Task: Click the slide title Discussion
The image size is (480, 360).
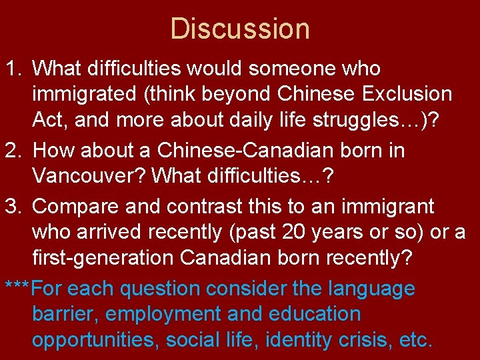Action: tap(240, 29)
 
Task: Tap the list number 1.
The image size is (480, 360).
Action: tap(12, 69)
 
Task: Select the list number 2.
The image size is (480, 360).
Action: tap(12, 151)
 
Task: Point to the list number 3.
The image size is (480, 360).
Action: tap(12, 207)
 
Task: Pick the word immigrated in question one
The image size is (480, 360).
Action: tap(83, 95)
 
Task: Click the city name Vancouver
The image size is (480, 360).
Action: tap(89, 177)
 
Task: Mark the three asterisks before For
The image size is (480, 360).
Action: tap(17, 289)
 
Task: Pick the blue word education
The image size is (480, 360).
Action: tap(314, 314)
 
